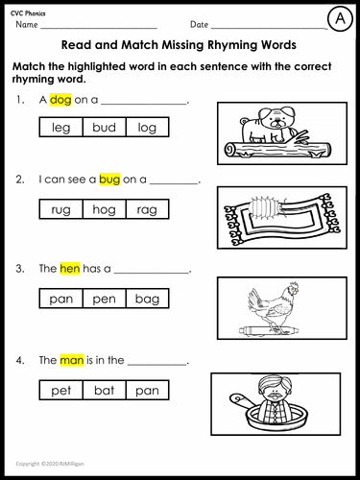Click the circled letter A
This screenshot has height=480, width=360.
tap(339, 18)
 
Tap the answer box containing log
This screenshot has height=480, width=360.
tap(147, 127)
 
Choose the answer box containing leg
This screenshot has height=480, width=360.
tap(60, 127)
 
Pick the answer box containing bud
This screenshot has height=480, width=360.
tap(104, 127)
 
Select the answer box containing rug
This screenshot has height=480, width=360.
tap(60, 209)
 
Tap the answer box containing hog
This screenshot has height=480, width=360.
tap(104, 209)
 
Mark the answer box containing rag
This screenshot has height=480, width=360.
tap(147, 209)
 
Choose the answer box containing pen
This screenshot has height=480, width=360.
tap(104, 300)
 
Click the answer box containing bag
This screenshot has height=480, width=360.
tap(147, 300)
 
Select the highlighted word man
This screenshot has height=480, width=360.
tap(72, 360)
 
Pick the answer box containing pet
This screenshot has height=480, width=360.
tap(60, 391)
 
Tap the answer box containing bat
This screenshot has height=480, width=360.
tap(104, 391)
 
